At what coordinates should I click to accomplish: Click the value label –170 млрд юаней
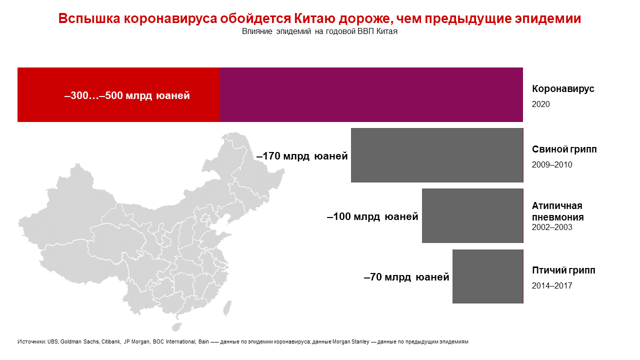coord(302,156)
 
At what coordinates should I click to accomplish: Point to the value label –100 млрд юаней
coord(372,217)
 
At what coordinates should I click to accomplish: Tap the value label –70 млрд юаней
coord(406,277)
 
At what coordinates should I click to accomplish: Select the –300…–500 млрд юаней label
coord(127,95)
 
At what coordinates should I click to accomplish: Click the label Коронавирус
coord(563,89)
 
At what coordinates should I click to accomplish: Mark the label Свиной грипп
coord(564,149)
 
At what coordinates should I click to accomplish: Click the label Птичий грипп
coord(563,270)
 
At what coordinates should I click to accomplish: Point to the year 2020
coord(540,104)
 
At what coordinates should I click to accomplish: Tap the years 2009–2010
coord(552,165)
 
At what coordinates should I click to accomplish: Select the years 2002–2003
coord(552,227)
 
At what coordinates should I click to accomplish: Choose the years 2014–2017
coord(552,286)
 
